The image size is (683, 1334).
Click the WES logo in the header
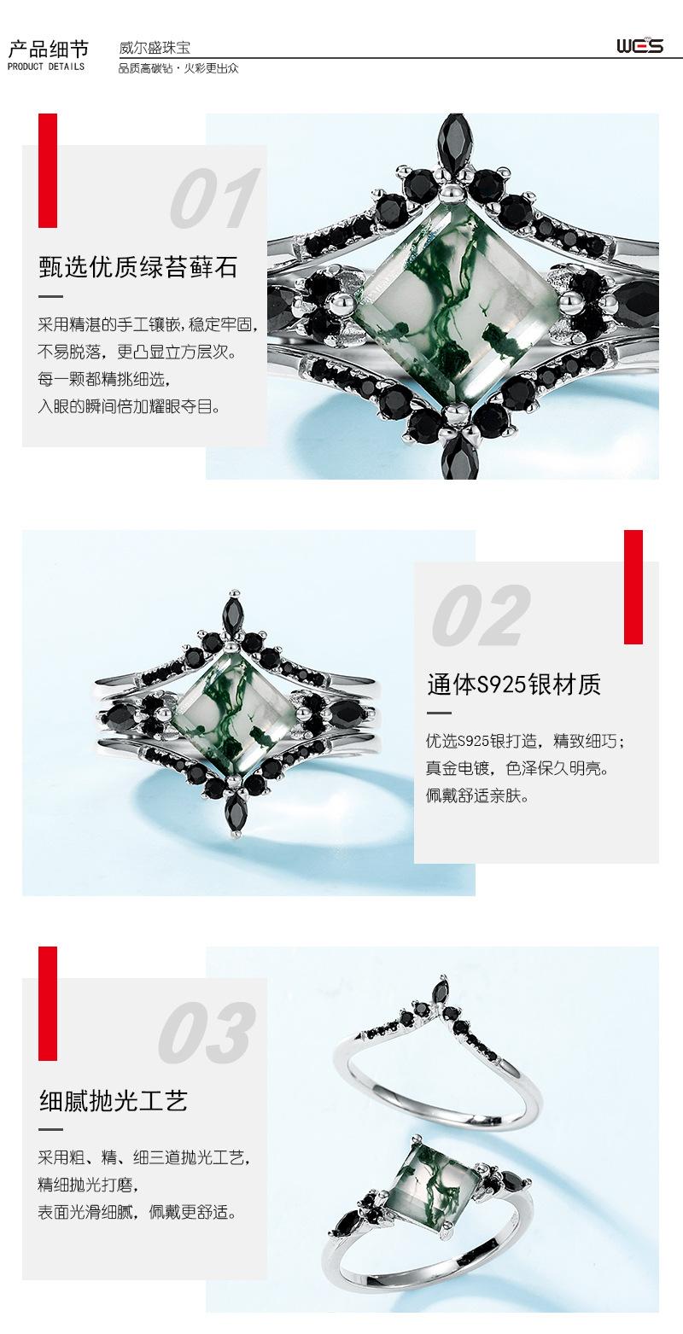[x=639, y=44]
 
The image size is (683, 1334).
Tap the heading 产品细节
[x=47, y=47]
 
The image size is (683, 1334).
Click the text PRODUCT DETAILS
[x=47, y=67]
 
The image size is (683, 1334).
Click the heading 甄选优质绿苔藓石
[x=138, y=267]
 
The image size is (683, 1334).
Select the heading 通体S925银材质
[x=514, y=684]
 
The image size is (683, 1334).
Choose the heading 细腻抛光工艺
[x=114, y=1100]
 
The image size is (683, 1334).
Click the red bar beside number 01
[x=48, y=171]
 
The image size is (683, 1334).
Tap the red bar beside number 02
[x=633, y=586]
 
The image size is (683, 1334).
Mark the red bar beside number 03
[x=48, y=1003]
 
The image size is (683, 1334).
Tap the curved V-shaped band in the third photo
[x=444, y=1050]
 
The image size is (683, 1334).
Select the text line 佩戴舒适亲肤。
[x=478, y=796]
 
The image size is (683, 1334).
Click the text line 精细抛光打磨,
[x=88, y=1185]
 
